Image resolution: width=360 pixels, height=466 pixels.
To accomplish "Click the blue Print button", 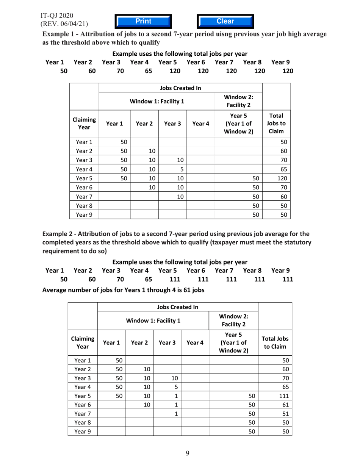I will click(143, 22).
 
